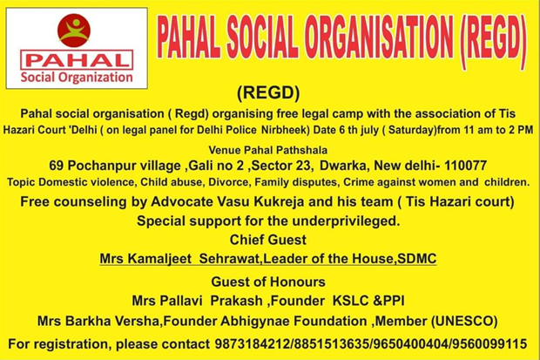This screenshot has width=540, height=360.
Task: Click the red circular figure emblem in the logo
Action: pyautogui.click(x=74, y=31)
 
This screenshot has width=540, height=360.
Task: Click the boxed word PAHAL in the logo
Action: pyautogui.click(x=77, y=60)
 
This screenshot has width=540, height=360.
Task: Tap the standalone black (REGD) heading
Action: pyautogui.click(x=268, y=92)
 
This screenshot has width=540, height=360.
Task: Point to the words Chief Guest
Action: pyautogui.click(x=268, y=240)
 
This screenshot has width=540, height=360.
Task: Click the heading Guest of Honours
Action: pyautogui.click(x=268, y=282)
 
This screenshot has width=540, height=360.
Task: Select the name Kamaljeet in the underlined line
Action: pyautogui.click(x=159, y=259)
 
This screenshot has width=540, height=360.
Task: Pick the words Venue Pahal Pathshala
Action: pyautogui.click(x=268, y=150)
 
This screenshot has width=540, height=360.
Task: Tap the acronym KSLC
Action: pyautogui.click(x=351, y=301)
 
